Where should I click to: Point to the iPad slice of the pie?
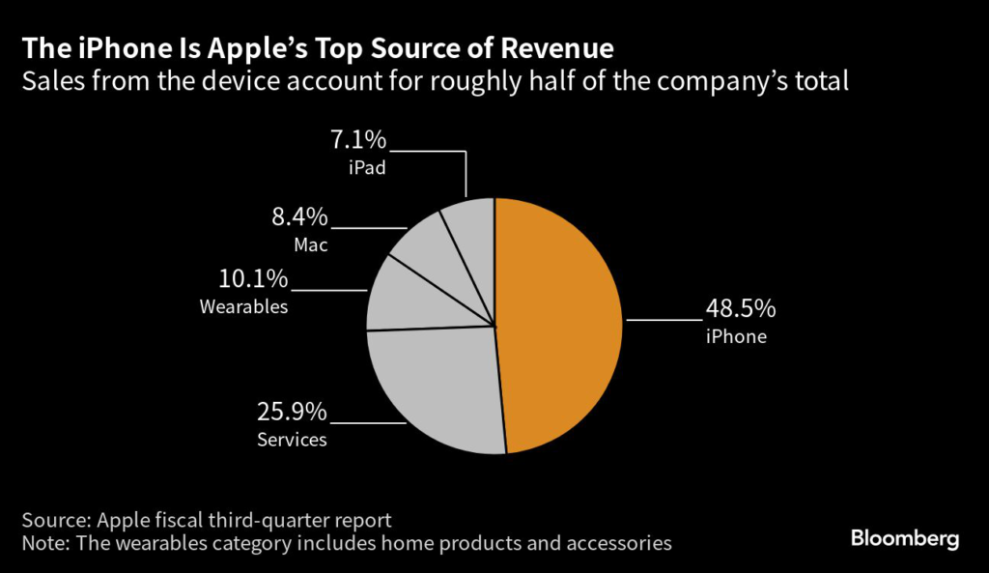click(471, 232)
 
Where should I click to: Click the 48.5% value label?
click(739, 310)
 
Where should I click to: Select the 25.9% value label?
click(292, 413)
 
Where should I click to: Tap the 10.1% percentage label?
click(253, 279)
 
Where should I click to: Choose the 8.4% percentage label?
click(300, 216)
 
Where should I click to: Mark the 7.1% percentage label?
click(358, 141)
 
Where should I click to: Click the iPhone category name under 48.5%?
click(735, 337)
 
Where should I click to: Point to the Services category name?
click(292, 440)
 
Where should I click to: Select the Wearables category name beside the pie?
click(243, 307)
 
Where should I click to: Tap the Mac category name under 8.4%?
click(311, 244)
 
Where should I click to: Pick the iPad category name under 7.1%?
click(367, 168)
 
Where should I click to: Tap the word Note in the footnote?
click(48, 543)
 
